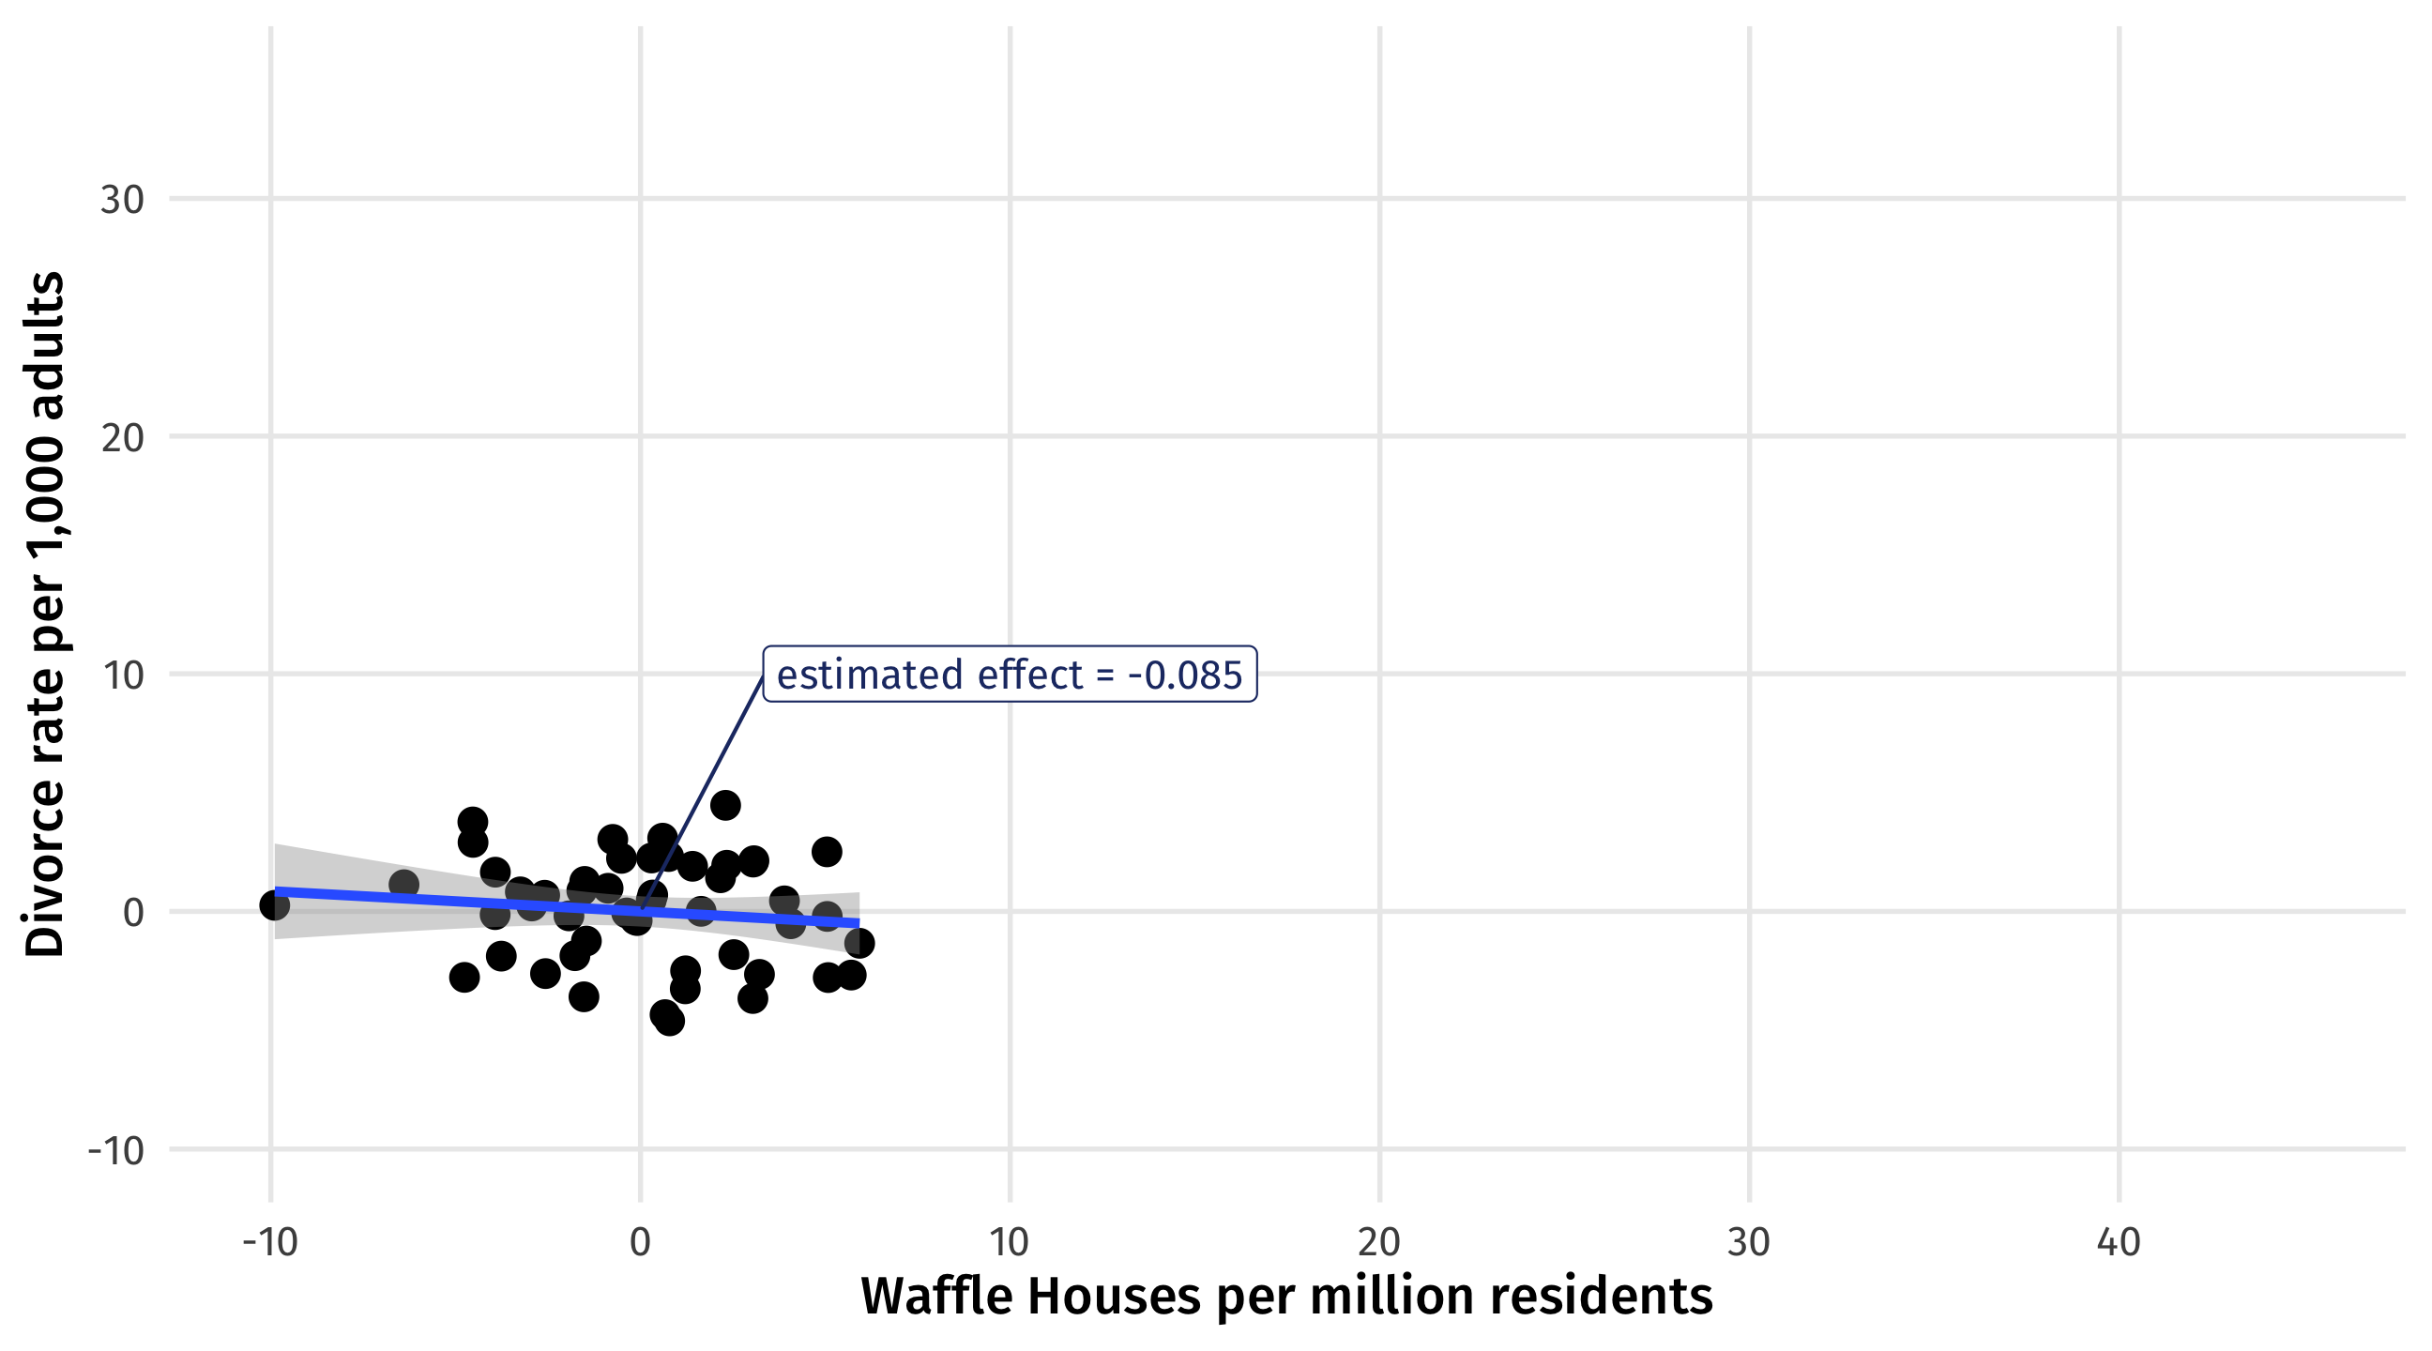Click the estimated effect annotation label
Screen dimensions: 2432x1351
coord(1010,674)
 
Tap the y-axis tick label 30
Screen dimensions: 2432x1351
coord(122,199)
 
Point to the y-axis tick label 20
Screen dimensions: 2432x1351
coord(122,437)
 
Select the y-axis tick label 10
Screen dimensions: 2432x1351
coord(122,675)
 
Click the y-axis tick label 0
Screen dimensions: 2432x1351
coord(133,912)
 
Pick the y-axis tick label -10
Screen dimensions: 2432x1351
coord(115,1150)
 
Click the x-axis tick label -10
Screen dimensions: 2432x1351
coord(270,1242)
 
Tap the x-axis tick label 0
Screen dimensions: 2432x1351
coord(640,1242)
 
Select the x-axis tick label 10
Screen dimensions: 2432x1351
coord(1010,1242)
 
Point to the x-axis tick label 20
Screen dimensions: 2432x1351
coord(1379,1242)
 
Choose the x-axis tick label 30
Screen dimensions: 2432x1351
coord(1749,1242)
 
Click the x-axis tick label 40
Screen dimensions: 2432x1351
coord(2119,1242)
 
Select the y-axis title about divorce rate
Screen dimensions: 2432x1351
coord(44,615)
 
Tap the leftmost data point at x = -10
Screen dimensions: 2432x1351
coord(274,905)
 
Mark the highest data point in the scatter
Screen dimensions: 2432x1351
coord(725,805)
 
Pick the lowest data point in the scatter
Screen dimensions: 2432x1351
coord(669,1021)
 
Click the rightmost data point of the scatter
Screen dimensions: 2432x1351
coord(859,942)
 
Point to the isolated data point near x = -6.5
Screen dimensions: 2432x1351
coord(403,885)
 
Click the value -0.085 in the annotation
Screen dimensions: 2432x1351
coord(1185,675)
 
